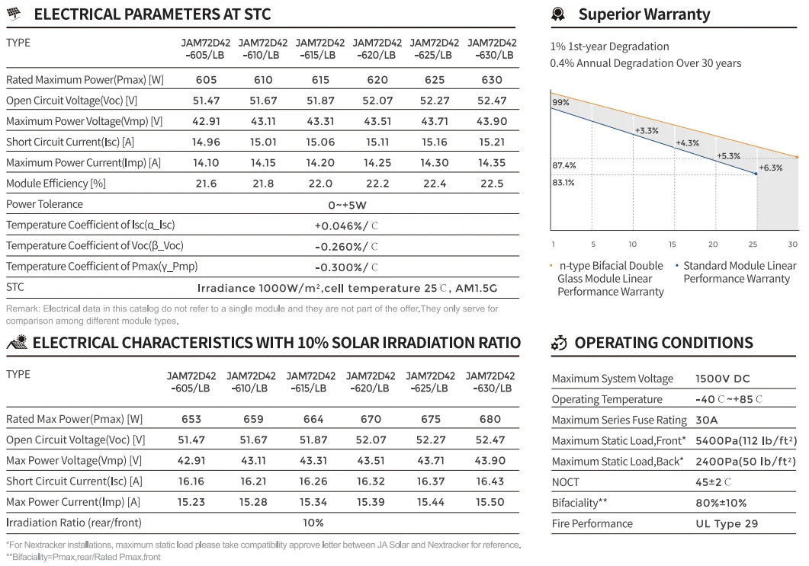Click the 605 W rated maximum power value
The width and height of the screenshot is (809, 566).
(206, 80)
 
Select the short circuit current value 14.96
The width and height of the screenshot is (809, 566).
(206, 142)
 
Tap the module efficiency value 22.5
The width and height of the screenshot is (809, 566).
(492, 184)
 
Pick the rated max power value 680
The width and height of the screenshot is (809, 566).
(490, 419)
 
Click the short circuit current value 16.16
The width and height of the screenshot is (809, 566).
(192, 481)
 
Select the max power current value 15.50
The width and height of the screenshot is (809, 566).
(490, 502)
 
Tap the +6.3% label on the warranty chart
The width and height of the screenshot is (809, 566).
(771, 168)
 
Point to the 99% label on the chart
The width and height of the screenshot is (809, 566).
(560, 102)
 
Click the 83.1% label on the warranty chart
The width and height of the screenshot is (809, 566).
(563, 182)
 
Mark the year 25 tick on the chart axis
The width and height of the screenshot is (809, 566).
(753, 245)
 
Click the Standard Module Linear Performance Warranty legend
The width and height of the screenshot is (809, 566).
(739, 272)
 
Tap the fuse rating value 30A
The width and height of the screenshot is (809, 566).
(707, 420)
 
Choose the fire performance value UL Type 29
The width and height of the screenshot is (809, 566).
(727, 523)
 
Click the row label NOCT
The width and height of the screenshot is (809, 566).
(565, 482)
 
